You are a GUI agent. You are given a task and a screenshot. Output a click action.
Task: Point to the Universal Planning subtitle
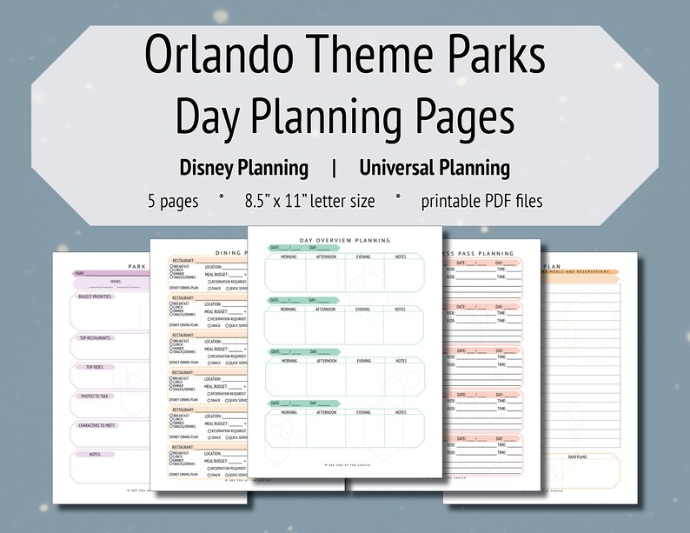point(434,167)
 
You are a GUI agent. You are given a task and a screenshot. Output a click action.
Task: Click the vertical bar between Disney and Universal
point(334,167)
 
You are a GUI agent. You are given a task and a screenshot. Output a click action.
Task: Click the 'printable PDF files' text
point(481,201)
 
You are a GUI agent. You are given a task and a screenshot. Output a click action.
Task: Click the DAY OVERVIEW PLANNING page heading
point(345,240)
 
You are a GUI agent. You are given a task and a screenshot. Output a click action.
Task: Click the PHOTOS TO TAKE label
point(96,396)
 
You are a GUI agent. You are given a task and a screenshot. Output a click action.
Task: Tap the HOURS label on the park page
point(115,282)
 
